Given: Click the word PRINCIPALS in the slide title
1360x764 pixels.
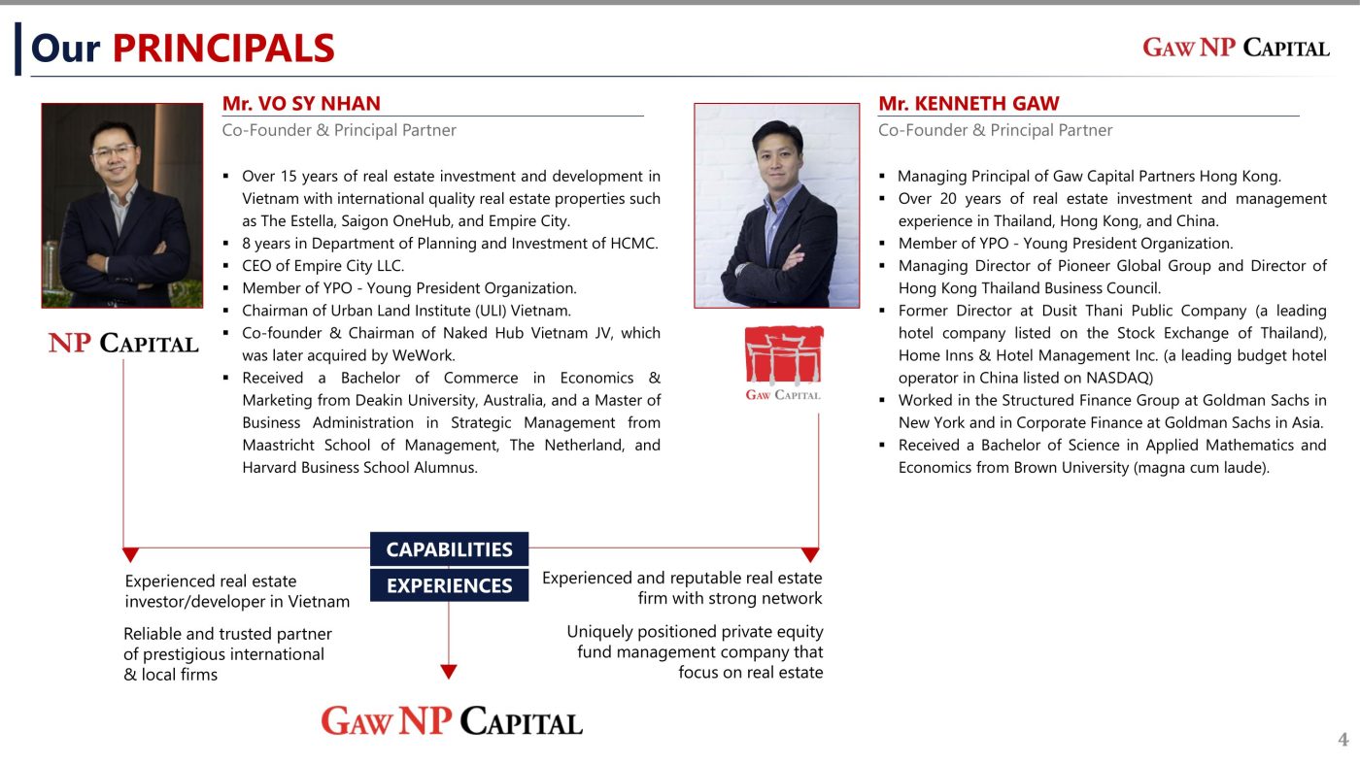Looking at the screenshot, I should tap(223, 49).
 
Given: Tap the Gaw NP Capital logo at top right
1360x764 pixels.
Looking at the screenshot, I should tap(1236, 48).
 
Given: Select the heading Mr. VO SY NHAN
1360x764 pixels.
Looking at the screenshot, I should tap(301, 104).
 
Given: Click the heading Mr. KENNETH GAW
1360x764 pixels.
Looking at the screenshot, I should tap(969, 104).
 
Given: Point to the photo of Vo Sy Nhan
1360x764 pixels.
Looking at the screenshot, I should tap(122, 206).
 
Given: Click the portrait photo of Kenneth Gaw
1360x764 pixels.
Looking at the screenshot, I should tap(776, 206).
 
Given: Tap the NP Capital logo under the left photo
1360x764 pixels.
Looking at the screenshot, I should tap(123, 343).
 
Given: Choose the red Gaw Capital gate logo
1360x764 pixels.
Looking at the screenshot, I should tap(783, 362).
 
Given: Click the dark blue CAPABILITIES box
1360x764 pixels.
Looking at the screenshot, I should tap(449, 549).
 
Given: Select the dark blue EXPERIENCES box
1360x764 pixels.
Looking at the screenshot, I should tap(449, 585).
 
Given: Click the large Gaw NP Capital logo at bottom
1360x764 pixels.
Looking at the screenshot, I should tap(452, 721).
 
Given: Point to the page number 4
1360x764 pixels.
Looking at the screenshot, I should tap(1343, 741).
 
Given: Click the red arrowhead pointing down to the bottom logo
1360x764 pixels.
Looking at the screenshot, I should tap(449, 671).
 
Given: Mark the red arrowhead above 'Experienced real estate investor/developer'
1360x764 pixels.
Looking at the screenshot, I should tap(130, 555).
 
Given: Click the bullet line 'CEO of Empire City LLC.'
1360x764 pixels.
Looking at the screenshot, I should tap(323, 265).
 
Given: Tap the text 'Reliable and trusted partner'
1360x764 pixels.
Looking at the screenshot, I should tap(227, 634).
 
